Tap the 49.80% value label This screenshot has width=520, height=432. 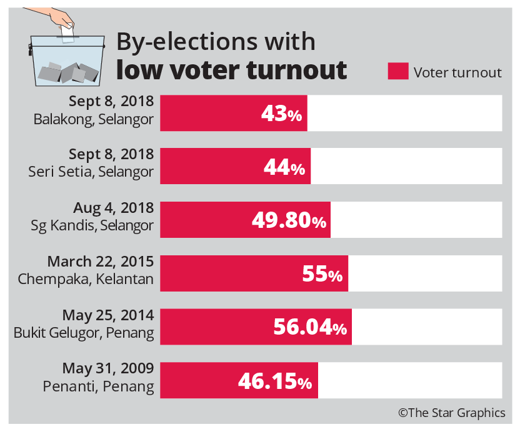(x=289, y=220)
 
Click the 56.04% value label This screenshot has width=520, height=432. (x=309, y=327)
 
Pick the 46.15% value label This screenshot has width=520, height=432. (x=274, y=381)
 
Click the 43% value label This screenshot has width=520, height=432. (x=282, y=114)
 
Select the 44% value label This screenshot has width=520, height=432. (x=284, y=167)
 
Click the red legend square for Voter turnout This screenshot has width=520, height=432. (x=398, y=72)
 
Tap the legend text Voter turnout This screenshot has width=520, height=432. (x=457, y=72)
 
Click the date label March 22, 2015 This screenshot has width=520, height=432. (x=101, y=261)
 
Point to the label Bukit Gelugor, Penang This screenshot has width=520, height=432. (x=84, y=333)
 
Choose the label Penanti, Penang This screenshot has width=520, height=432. (x=99, y=386)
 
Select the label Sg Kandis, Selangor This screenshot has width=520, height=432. (x=92, y=226)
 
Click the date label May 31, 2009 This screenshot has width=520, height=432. (x=108, y=368)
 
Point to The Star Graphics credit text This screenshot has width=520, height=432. (x=452, y=413)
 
